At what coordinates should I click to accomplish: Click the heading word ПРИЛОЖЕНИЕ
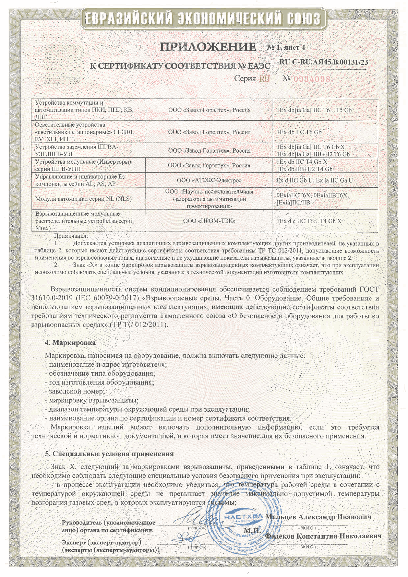tap(208, 47)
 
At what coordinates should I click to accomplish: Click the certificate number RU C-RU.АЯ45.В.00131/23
tap(324, 62)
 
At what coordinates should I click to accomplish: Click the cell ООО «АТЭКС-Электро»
tap(209, 180)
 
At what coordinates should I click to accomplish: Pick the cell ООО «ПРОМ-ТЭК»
tap(209, 221)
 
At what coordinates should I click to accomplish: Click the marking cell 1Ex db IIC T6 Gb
tap(299, 132)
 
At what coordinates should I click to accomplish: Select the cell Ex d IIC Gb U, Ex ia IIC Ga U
tap(314, 180)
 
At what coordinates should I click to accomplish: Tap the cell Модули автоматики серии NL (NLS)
tap(83, 199)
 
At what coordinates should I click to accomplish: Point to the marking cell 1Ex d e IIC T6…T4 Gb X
tap(309, 221)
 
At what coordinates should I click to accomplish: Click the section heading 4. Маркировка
tap(70, 342)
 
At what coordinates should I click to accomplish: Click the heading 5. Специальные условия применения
tap(109, 454)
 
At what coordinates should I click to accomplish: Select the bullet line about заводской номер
tap(75, 391)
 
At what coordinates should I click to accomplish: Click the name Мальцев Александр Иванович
tap(319, 517)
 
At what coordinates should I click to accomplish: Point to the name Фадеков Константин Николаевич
tap(323, 536)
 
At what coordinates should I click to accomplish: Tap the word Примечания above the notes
tap(71, 236)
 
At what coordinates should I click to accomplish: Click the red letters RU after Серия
tap(264, 79)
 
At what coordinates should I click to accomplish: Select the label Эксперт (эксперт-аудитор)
tap(101, 543)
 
